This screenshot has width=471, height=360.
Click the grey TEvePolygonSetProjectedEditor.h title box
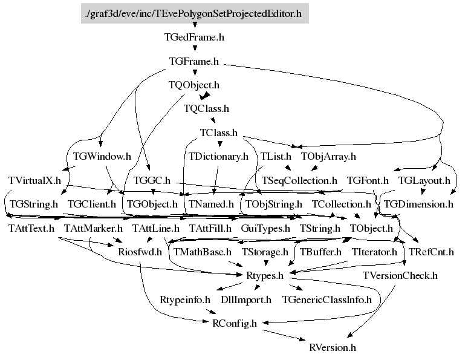[195, 13]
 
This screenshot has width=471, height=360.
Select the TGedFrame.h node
[194, 38]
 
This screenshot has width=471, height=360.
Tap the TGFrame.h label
[194, 61]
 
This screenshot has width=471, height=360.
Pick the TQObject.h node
[194, 85]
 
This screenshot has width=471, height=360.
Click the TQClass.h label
[206, 108]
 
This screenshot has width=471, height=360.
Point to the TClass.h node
[219, 133]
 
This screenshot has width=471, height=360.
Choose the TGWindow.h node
[102, 156]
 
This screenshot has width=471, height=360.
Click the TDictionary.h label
[218, 156]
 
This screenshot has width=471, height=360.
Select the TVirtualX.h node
[34, 180]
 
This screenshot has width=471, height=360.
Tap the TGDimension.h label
[418, 205]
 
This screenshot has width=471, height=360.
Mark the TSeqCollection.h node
[299, 180]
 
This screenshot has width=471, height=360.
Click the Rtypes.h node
[265, 275]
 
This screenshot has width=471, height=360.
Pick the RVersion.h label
[333, 347]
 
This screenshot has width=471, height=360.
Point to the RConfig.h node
[235, 323]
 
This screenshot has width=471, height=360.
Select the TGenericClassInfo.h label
[327, 299]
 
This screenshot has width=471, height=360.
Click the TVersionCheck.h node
[400, 275]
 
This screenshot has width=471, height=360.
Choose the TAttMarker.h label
[93, 228]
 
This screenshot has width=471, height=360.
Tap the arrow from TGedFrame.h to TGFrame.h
[195, 48]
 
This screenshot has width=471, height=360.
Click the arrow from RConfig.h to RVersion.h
[284, 335]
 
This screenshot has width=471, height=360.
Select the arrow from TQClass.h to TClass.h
[212, 119]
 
